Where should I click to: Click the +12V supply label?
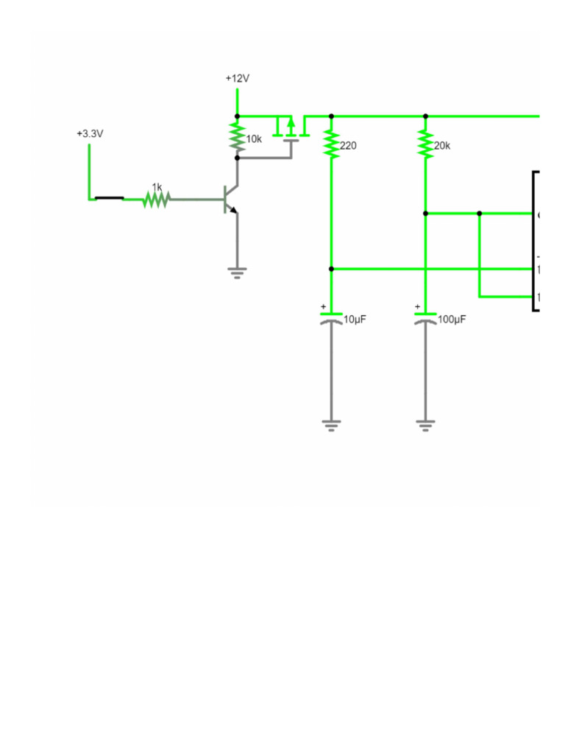[x=237, y=78]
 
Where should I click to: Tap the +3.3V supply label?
[x=90, y=134]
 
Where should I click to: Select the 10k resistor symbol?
[x=237, y=137]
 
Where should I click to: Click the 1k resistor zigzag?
[x=156, y=199]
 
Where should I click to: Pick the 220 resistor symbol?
[x=331, y=145]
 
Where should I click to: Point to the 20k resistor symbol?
[x=425, y=145]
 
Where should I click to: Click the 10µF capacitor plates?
[x=331, y=317]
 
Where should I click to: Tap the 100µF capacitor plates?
[x=425, y=317]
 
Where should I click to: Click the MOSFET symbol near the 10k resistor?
[x=290, y=131]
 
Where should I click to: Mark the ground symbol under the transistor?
[x=237, y=272]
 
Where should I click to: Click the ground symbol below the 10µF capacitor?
[x=331, y=425]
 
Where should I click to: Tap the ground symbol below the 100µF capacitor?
[x=425, y=425]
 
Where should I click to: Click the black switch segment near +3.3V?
[x=109, y=198]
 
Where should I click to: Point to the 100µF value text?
[x=452, y=320]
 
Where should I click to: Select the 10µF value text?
[x=355, y=320]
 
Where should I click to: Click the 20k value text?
[x=442, y=146]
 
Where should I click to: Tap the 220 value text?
[x=348, y=146]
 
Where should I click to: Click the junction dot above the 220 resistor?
[x=331, y=116]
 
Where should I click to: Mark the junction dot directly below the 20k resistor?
[x=425, y=214]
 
